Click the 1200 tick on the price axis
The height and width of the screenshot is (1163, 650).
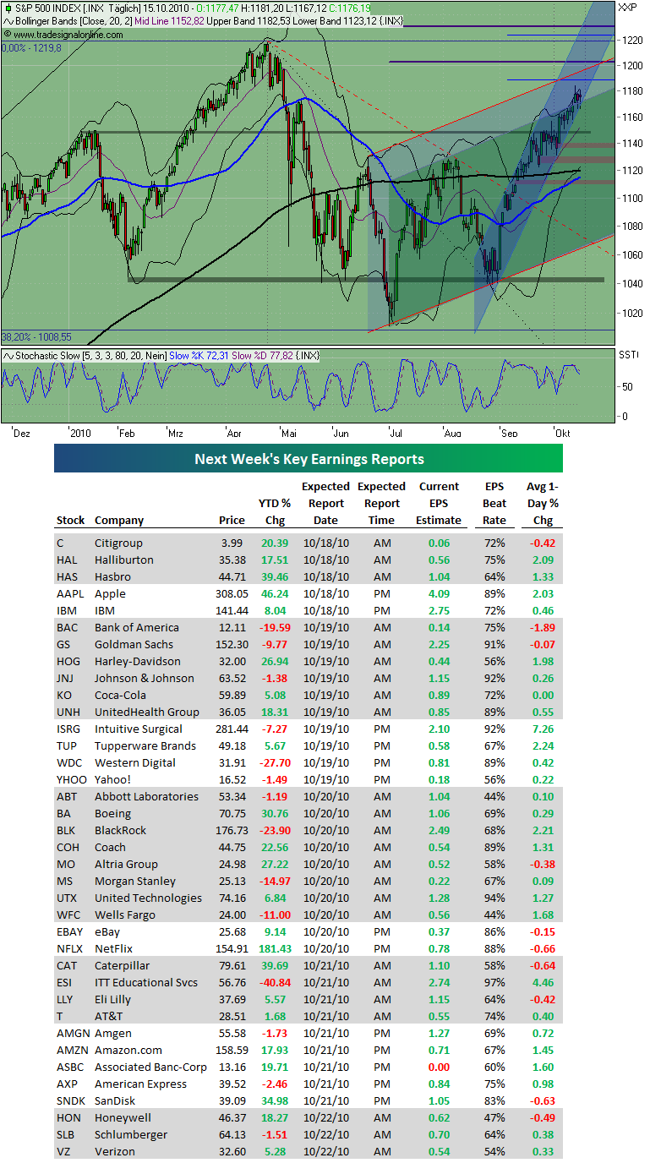pos(630,64)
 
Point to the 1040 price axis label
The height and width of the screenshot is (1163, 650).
pos(630,283)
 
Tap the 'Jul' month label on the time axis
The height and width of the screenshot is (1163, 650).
pos(395,432)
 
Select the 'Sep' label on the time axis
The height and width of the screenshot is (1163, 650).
pos(509,432)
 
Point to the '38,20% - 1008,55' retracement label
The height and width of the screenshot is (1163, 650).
pos(36,336)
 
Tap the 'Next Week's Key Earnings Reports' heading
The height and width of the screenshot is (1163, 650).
pos(309,459)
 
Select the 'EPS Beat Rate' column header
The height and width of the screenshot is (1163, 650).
pos(494,503)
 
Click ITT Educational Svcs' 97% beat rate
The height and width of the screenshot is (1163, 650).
pos(494,982)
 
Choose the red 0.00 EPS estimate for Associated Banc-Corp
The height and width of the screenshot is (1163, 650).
pos(440,1067)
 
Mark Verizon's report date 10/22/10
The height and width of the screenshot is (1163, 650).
pos(325,1151)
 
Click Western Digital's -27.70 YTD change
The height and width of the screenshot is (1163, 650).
pos(275,762)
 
